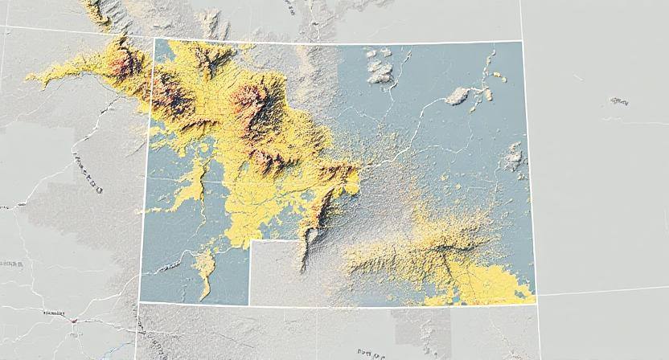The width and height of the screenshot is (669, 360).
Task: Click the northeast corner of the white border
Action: coord(522,40)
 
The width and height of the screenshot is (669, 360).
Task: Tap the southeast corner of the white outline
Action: coord(536,304)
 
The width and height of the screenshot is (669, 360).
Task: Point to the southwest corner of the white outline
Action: coord(139,302)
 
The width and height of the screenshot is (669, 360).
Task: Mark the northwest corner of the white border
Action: coord(154,38)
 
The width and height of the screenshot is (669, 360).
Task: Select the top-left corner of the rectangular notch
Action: coord(249,241)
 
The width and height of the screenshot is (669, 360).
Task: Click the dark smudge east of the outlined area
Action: coord(618,101)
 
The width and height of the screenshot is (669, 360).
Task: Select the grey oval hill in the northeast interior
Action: coord(458,96)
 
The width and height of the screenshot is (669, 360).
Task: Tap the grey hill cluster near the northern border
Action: coord(378,68)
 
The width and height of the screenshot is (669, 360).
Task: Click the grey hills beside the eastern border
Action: coord(512,157)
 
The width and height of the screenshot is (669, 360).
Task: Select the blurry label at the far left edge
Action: coord(11,264)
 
